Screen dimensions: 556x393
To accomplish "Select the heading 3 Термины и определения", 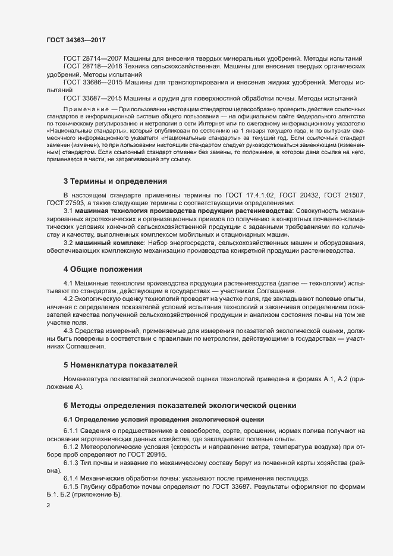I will (x=115, y=181).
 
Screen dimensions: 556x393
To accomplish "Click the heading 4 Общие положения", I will (x=102, y=269).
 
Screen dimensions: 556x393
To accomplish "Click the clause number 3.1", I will (x=68, y=212).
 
